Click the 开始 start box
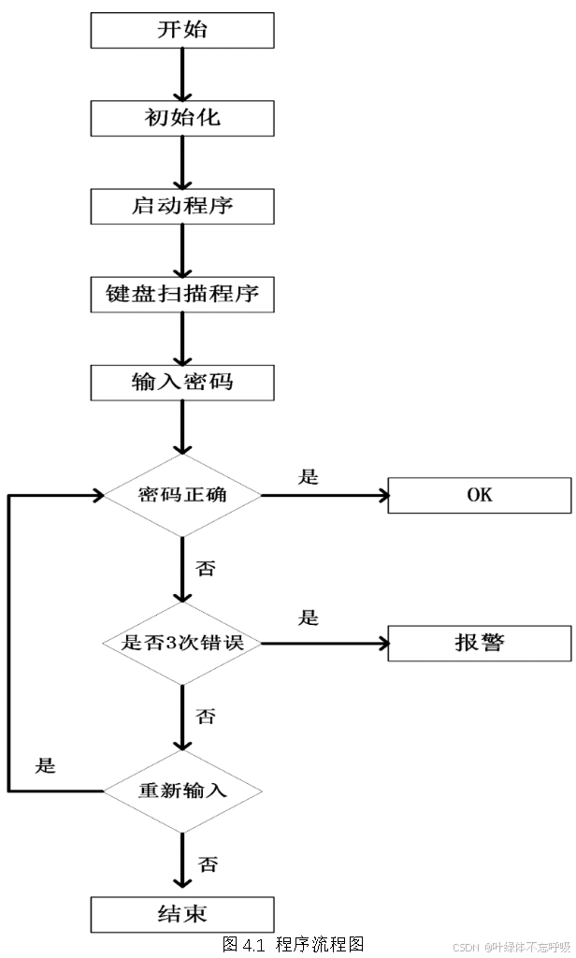pos(182,31)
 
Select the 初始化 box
pos(182,119)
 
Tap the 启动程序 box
pos(182,207)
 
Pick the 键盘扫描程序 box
pos(182,295)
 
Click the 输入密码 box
pos(182,383)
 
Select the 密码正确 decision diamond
pos(182,495)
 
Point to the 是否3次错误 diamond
pos(182,644)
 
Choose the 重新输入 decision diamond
pos(182,791)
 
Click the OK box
pos(479,495)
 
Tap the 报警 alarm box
pos(479,644)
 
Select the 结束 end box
pos(182,914)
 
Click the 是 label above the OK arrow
pos(309,477)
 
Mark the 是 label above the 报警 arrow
pos(309,618)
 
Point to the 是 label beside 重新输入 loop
pos(45,766)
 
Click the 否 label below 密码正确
pos(206,568)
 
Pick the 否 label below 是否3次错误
pos(206,717)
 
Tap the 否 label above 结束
pos(208,864)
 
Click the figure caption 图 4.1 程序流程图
pos(293,944)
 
